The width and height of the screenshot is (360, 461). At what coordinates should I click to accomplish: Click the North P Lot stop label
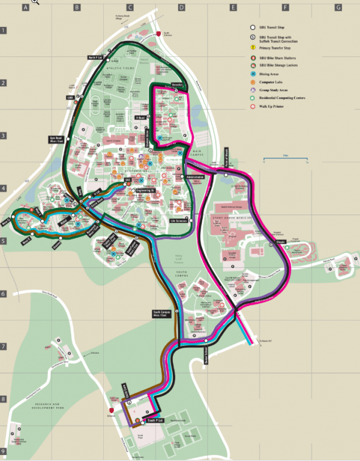click(96, 58)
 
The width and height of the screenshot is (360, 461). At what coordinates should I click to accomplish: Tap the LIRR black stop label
click(70, 98)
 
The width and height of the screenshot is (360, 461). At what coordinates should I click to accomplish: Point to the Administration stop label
click(195, 178)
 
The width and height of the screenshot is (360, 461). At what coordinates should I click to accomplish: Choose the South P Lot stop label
click(155, 421)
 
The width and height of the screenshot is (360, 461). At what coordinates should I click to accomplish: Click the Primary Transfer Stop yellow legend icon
click(254, 47)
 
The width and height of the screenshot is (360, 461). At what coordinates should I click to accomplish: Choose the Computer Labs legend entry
click(279, 80)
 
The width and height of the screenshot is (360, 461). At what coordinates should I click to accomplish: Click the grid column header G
click(338, 8)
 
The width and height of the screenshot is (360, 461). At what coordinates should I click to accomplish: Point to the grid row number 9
click(3, 451)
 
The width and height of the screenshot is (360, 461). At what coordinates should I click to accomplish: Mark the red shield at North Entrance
click(158, 34)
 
